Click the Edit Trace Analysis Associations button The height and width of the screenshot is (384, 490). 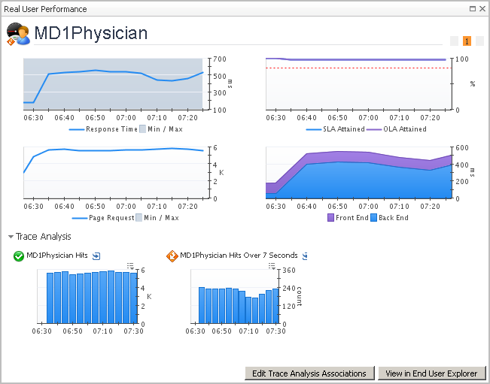[x=309, y=373]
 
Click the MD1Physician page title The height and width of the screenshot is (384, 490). [x=91, y=33]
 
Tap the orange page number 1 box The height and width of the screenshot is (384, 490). [x=467, y=41]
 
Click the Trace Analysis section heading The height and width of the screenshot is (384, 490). [x=44, y=237]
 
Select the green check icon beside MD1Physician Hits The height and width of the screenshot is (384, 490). [x=19, y=256]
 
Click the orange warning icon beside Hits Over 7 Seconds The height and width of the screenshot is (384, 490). [x=172, y=256]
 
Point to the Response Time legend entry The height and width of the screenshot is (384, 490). [x=111, y=129]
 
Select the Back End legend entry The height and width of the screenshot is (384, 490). [x=391, y=218]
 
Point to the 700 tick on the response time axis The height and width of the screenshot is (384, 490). [x=218, y=59]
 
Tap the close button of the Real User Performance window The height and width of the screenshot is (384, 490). [x=482, y=9]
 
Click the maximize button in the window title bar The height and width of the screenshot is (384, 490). [x=471, y=9]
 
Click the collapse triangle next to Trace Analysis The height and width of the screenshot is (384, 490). [x=11, y=237]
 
